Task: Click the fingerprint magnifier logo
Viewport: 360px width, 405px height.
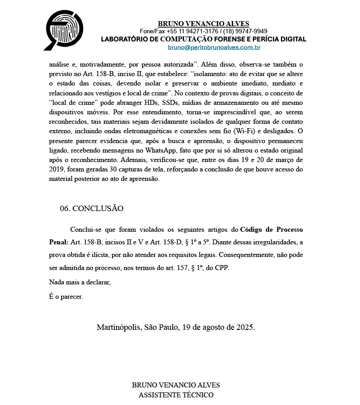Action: tap(64, 29)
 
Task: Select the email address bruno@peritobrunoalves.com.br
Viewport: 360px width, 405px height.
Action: tap(214, 47)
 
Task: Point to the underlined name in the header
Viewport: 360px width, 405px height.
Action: tap(203, 23)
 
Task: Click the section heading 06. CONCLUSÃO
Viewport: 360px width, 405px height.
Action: tap(91, 208)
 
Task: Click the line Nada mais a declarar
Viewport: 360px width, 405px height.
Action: tap(80, 283)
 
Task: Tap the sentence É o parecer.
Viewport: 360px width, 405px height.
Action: tap(66, 297)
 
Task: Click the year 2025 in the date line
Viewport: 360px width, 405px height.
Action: tap(244, 327)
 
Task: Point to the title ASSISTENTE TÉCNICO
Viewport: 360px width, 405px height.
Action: tap(176, 395)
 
